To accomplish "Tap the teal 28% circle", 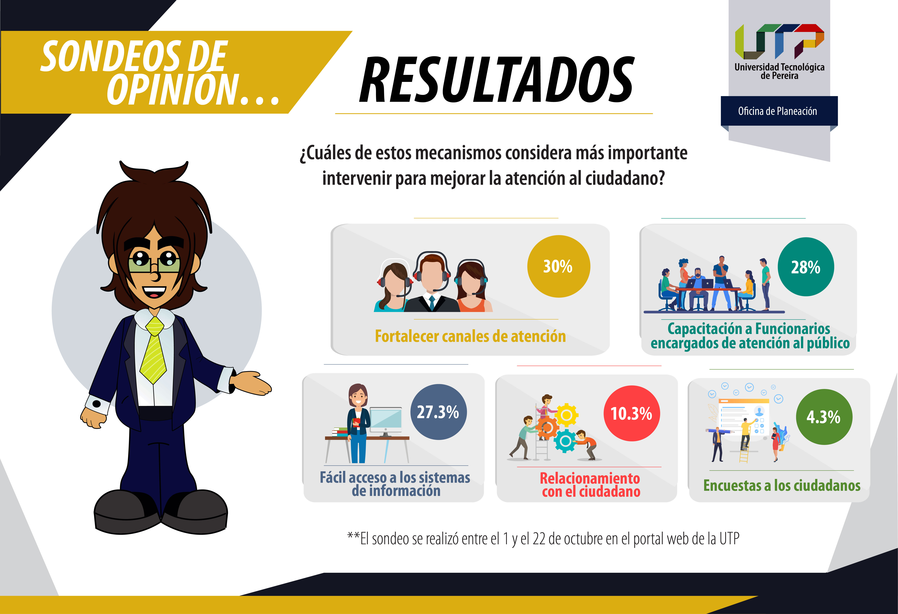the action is [x=806, y=267].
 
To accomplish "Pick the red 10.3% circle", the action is [x=632, y=413].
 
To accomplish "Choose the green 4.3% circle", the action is [x=824, y=417].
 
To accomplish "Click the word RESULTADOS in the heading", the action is [x=497, y=80].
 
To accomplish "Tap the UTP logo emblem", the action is [x=779, y=41].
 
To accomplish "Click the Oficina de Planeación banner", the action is [x=779, y=111].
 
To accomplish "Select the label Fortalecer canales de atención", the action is [x=470, y=336].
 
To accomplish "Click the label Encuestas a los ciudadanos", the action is [x=782, y=485].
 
